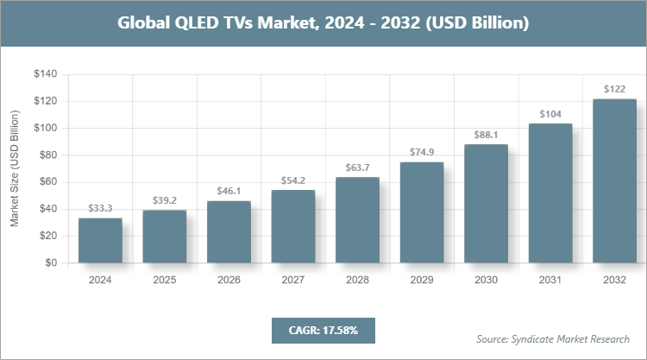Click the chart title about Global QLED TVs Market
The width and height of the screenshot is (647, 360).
[323, 23]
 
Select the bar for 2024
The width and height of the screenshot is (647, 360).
[100, 241]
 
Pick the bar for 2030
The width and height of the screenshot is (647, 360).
[486, 204]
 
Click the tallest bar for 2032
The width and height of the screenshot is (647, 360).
[614, 181]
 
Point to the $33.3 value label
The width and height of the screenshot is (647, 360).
[100, 208]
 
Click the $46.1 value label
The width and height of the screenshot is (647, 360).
[229, 191]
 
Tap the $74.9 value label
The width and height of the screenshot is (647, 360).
[422, 153]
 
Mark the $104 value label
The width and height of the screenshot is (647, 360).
[550, 114]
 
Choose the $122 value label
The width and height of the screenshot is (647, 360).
[614, 90]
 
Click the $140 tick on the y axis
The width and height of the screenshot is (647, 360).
[45, 75]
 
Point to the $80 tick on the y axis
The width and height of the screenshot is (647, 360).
[47, 155]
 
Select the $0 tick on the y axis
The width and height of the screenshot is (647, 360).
[51, 262]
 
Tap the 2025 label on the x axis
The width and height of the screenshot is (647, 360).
[165, 280]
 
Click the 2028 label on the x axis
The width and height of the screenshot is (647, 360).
[357, 280]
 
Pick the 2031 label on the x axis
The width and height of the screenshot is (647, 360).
[550, 280]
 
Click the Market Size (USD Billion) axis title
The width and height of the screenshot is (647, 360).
[15, 169]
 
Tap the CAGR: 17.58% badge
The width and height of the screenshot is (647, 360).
[323, 330]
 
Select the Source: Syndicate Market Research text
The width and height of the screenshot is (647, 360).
[553, 338]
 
